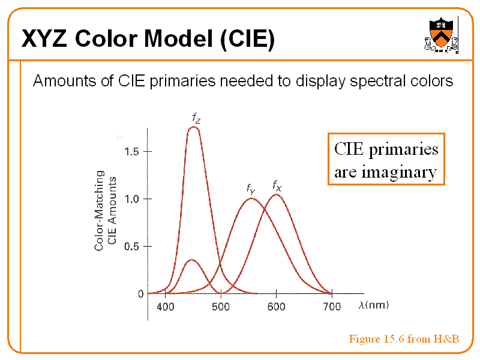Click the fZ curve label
pyautogui.click(x=196, y=118)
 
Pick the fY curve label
pyautogui.click(x=251, y=189)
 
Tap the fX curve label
pyautogui.click(x=277, y=185)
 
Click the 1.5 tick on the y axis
pyautogui.click(x=132, y=151)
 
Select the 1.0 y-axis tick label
pyautogui.click(x=132, y=199)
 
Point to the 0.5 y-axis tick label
pyautogui.click(x=132, y=246)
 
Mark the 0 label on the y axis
pyautogui.click(x=140, y=294)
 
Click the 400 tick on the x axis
pyautogui.click(x=166, y=307)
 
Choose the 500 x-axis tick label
pyautogui.click(x=221, y=307)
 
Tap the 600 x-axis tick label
pyautogui.click(x=276, y=307)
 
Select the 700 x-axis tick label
pyautogui.click(x=332, y=307)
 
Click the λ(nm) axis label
pyautogui.click(x=374, y=305)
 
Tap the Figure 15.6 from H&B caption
pyautogui.click(x=404, y=340)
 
